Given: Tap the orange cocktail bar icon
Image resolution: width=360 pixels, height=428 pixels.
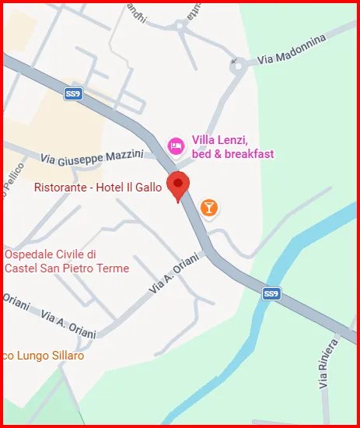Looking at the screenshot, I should click(208, 207).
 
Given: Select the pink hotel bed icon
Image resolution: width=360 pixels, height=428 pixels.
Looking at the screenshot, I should click(177, 145).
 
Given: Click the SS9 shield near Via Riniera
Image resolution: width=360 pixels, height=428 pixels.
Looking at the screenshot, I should click(271, 293).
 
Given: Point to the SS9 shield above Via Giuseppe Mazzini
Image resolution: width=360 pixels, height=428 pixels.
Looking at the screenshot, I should click(73, 94).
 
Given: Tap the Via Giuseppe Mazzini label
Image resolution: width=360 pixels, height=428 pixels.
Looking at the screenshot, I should click(92, 159).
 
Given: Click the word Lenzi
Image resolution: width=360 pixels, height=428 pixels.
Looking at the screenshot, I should click(232, 140).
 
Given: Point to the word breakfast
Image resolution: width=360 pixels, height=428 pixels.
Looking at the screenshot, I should click(248, 153).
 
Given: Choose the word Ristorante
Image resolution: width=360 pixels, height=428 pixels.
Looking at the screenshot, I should click(59, 187).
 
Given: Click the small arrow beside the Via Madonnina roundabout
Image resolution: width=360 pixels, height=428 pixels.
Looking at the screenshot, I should click(232, 60).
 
